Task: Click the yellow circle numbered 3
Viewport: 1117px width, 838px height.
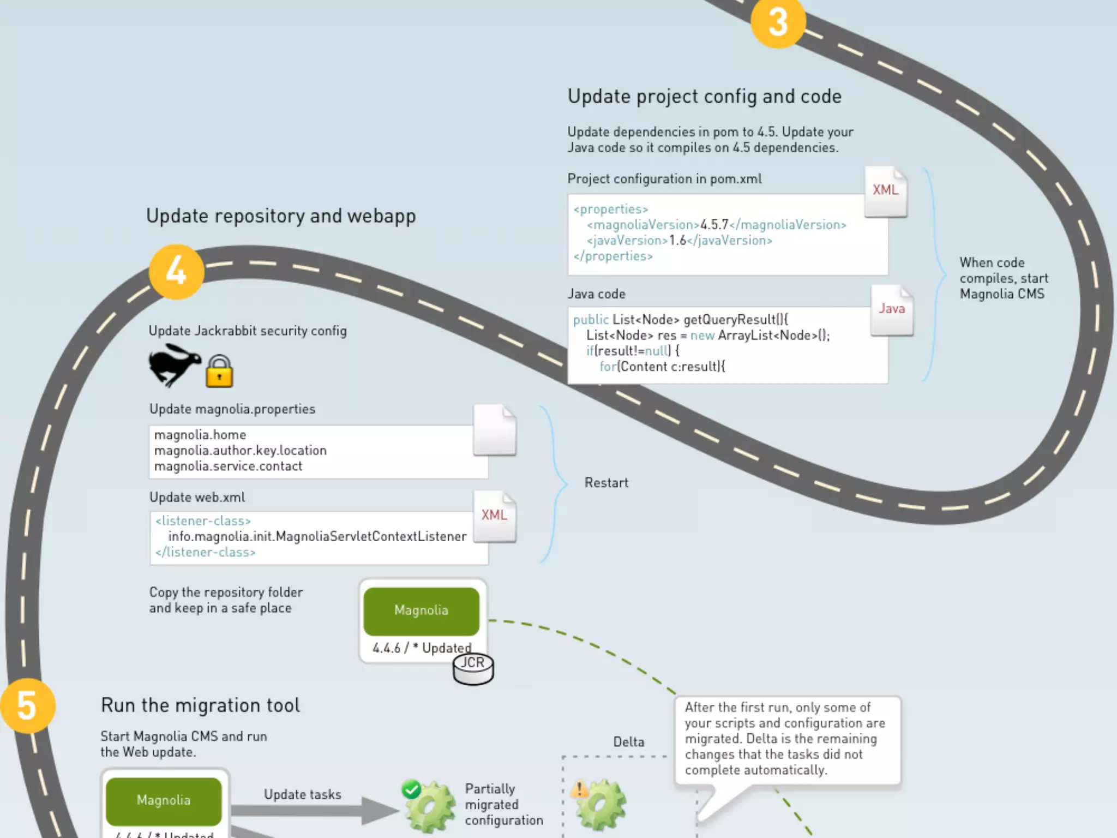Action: pyautogui.click(x=778, y=22)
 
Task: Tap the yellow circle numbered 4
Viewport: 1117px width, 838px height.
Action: pyautogui.click(x=176, y=271)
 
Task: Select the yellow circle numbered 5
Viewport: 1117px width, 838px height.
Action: pyautogui.click(x=27, y=705)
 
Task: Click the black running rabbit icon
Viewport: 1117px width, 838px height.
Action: pyautogui.click(x=174, y=364)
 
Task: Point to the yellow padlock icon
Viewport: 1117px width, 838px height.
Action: pyautogui.click(x=219, y=372)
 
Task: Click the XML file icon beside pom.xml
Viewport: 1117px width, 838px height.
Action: pyautogui.click(x=886, y=191)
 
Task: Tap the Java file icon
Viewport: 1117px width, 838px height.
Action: pyautogui.click(x=892, y=310)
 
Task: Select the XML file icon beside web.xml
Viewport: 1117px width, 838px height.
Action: pyautogui.click(x=495, y=517)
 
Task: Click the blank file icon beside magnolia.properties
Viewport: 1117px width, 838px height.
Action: pyautogui.click(x=495, y=430)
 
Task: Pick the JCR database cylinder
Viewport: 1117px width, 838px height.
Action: pyautogui.click(x=473, y=669)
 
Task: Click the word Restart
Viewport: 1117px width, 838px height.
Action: pyautogui.click(x=606, y=483)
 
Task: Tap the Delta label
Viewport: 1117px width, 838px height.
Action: pyautogui.click(x=628, y=742)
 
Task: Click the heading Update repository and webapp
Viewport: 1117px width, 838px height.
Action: pyautogui.click(x=281, y=216)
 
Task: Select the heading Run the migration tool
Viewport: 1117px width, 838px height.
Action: pyautogui.click(x=200, y=705)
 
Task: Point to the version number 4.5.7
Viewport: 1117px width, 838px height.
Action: pyautogui.click(x=714, y=225)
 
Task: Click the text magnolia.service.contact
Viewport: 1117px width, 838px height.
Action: pyautogui.click(x=228, y=466)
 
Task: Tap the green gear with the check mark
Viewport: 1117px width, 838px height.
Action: pyautogui.click(x=429, y=806)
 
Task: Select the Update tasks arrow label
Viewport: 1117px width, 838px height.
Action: pyautogui.click(x=303, y=794)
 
